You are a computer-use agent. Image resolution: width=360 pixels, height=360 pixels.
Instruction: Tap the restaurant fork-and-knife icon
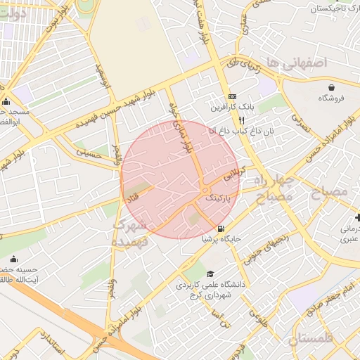pos(241,120)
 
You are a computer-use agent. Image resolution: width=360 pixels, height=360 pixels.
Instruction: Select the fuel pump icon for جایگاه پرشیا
pos(221,229)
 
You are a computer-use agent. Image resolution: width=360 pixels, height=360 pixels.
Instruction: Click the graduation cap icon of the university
pos(210,274)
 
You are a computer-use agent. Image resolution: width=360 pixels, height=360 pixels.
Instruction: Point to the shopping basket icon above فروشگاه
pos(331,87)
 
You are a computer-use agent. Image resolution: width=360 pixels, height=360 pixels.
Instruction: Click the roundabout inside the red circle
pos(203,191)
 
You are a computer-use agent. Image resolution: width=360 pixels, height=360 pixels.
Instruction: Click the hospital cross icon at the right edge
pos(356,219)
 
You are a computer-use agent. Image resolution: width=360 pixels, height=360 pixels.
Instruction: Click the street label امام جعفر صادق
pos(337,295)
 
